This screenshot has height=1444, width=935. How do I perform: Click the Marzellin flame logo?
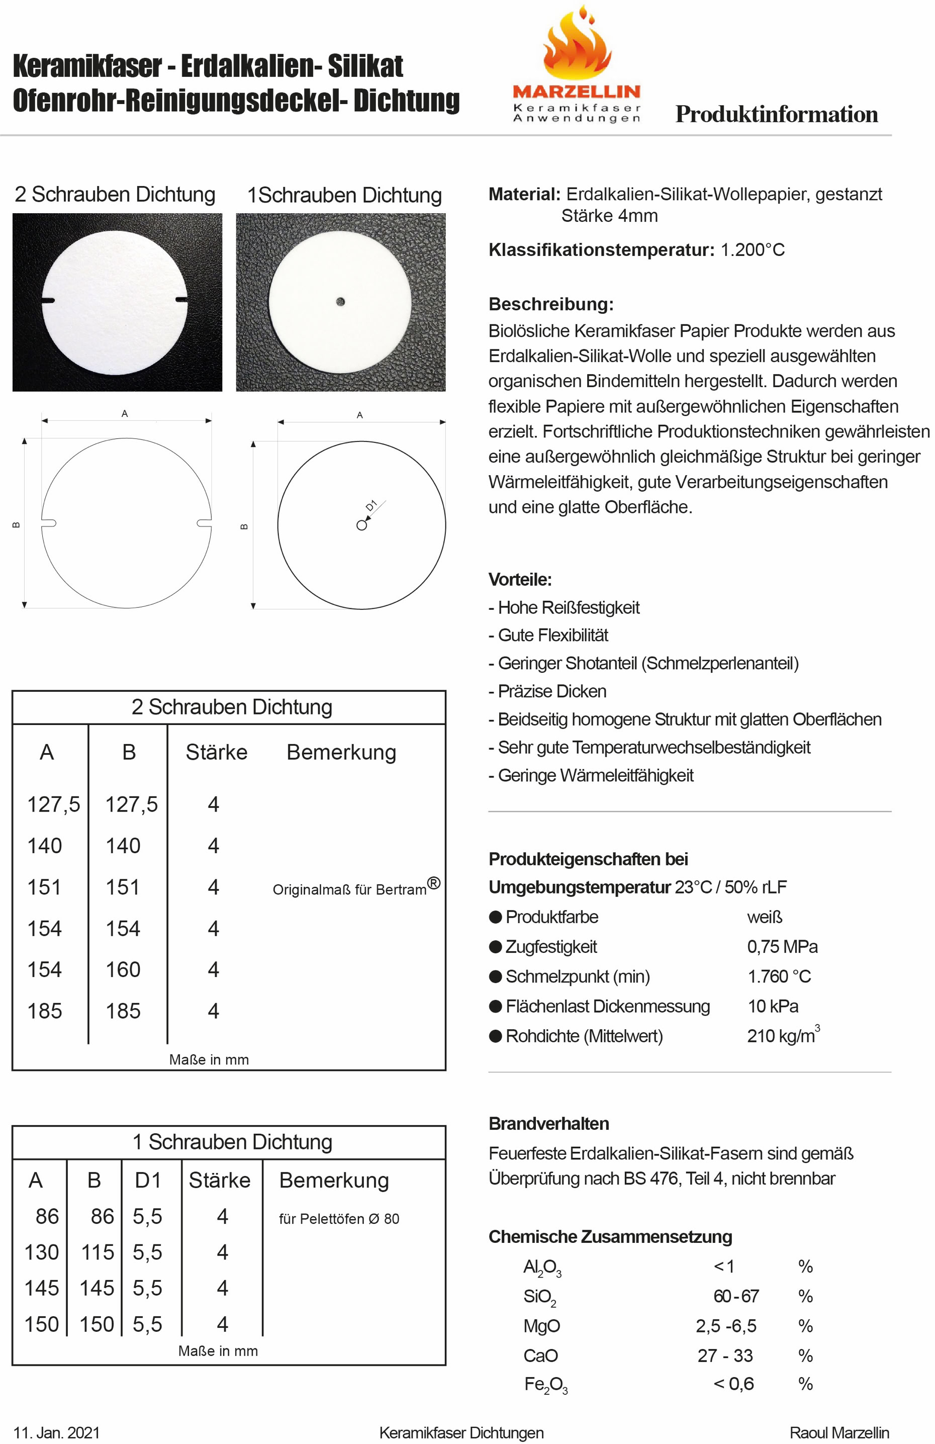577,46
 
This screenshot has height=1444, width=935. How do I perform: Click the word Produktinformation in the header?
776,115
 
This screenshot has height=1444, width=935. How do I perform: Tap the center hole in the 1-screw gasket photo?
340,302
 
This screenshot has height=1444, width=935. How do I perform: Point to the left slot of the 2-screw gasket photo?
49,300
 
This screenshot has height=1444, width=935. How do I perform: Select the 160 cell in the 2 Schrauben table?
123,969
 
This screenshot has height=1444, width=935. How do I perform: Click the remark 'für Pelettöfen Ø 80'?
339,1218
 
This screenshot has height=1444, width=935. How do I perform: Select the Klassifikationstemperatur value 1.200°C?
753,250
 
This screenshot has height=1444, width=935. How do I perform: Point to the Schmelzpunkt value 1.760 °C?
779,976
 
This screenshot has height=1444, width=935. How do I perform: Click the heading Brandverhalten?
548,1124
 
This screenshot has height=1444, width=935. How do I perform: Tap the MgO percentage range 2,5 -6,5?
726,1326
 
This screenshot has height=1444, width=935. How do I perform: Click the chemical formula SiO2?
539,1297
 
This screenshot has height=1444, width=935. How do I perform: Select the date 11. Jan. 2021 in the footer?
56,1432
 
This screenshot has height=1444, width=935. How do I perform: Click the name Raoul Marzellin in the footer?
839,1432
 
